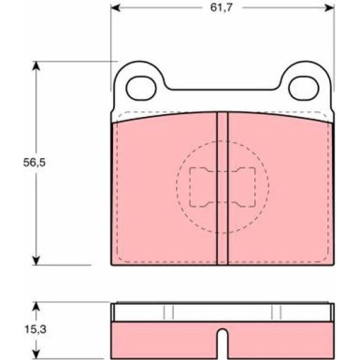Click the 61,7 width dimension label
point(222,7)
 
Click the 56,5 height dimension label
point(35,163)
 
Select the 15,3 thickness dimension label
point(36,329)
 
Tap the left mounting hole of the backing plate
point(141,88)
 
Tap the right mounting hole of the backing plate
point(304,88)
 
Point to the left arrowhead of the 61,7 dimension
point(115,7)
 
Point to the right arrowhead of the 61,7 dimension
point(329,7)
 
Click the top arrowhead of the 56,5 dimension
point(36,65)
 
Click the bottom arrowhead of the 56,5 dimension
point(36,261)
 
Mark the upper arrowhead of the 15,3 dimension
point(36,307)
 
